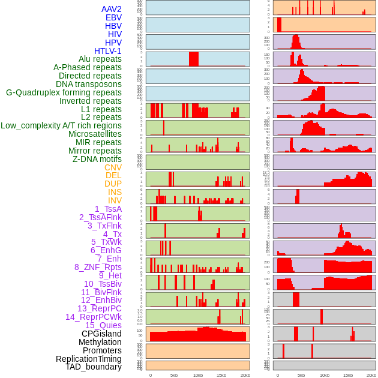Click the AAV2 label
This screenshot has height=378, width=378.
pyautogui.click(x=111, y=9)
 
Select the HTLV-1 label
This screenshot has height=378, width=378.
pyautogui.click(x=107, y=51)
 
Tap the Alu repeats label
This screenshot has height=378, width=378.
pyautogui.click(x=100, y=59)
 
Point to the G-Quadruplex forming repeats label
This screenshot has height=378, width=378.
pyautogui.click(x=64, y=92)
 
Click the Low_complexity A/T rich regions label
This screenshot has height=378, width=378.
pyautogui.click(x=61, y=125)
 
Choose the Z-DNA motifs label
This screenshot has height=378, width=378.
pyautogui.click(x=97, y=159)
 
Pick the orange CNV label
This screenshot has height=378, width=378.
pyautogui.click(x=113, y=167)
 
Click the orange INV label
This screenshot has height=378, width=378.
pyautogui.click(x=115, y=200)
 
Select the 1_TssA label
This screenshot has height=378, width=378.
pyautogui.click(x=108, y=209)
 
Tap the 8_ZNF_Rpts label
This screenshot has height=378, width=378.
pyautogui.click(x=98, y=267)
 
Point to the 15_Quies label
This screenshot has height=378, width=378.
pyautogui.click(x=103, y=325)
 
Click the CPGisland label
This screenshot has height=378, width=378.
pyautogui.click(x=101, y=334)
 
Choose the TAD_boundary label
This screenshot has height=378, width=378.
pyautogui.click(x=94, y=367)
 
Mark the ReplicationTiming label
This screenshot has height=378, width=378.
pyautogui.click(x=89, y=359)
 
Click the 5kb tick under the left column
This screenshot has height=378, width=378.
pyautogui.click(x=174, y=375)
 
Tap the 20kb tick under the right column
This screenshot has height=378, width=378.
pyautogui.click(x=371, y=375)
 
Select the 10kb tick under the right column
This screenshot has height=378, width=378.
pyautogui.click(x=325, y=375)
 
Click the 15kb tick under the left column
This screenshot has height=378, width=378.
pyautogui.click(x=221, y=375)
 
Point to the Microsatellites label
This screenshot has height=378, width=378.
pyautogui.click(x=95, y=134)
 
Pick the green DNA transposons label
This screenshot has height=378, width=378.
pyautogui.click(x=89, y=84)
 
